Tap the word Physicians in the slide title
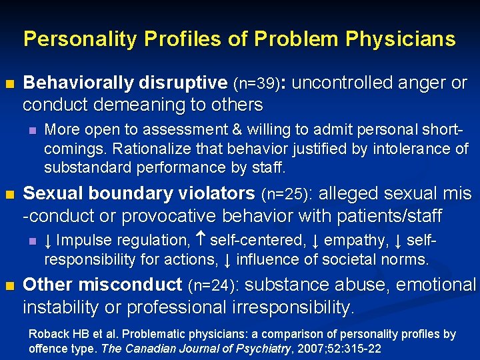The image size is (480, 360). (x=400, y=39)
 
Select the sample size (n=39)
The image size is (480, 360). (x=258, y=84)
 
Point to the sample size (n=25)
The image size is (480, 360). (x=286, y=195)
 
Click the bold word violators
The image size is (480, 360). (x=212, y=194)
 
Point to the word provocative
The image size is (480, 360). (x=161, y=216)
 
